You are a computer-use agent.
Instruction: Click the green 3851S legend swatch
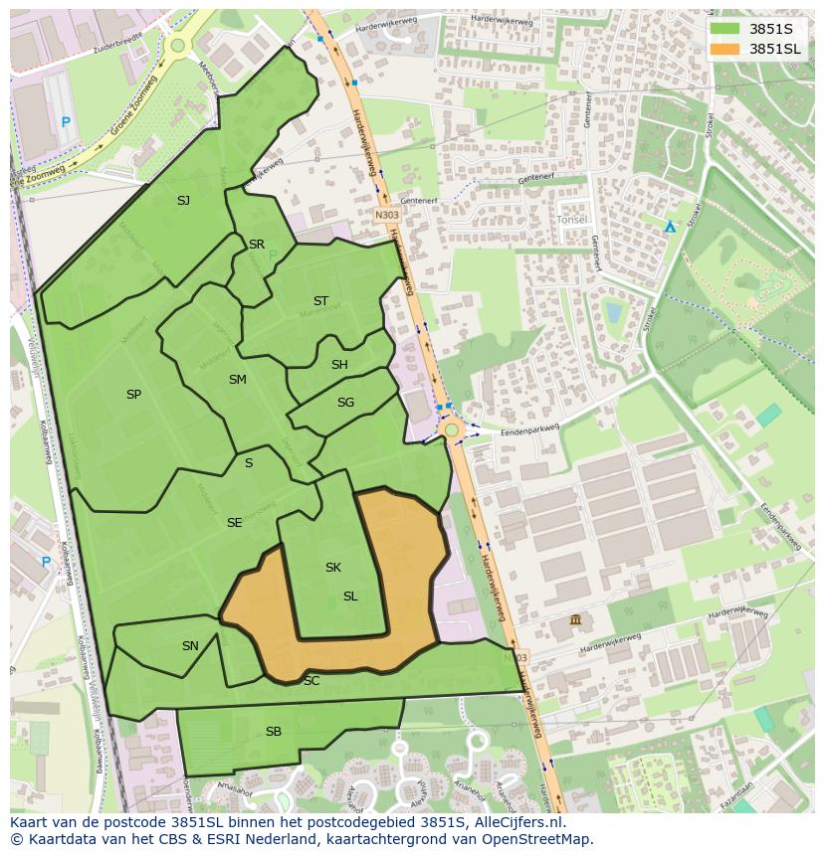coord(724,29)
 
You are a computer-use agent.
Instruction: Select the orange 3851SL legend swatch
coord(724,49)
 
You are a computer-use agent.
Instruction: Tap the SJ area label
coord(183,201)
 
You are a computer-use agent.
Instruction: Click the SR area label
coord(257,245)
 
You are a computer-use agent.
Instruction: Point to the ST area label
coord(320,301)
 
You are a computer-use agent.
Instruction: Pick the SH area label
coord(339,365)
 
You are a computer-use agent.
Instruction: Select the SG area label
coord(345,403)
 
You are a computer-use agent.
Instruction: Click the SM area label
coord(237,380)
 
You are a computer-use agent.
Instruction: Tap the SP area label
coord(133,395)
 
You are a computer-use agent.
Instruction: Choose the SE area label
coord(234,523)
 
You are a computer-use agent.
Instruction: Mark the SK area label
coord(333,568)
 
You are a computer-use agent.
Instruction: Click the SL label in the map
coord(350,597)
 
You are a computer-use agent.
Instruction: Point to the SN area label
coord(190,646)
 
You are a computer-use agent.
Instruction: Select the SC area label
coord(311,681)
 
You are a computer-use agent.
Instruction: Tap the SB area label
coord(274,732)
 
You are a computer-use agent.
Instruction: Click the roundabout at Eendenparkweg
coord(452,429)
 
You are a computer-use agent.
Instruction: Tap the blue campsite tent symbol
coord(670,227)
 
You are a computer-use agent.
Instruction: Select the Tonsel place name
coord(572,219)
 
